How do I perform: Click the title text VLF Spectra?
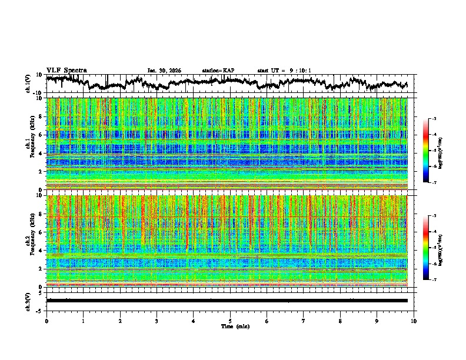point(66,70)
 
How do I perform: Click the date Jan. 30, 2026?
point(164,71)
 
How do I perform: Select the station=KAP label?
point(218,71)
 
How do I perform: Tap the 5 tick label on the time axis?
point(230,321)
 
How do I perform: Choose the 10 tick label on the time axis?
point(414,321)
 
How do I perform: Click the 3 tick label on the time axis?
point(157,321)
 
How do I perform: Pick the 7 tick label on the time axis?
point(304,321)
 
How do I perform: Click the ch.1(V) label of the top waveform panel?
point(28,84)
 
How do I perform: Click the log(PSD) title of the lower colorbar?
point(447,248)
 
